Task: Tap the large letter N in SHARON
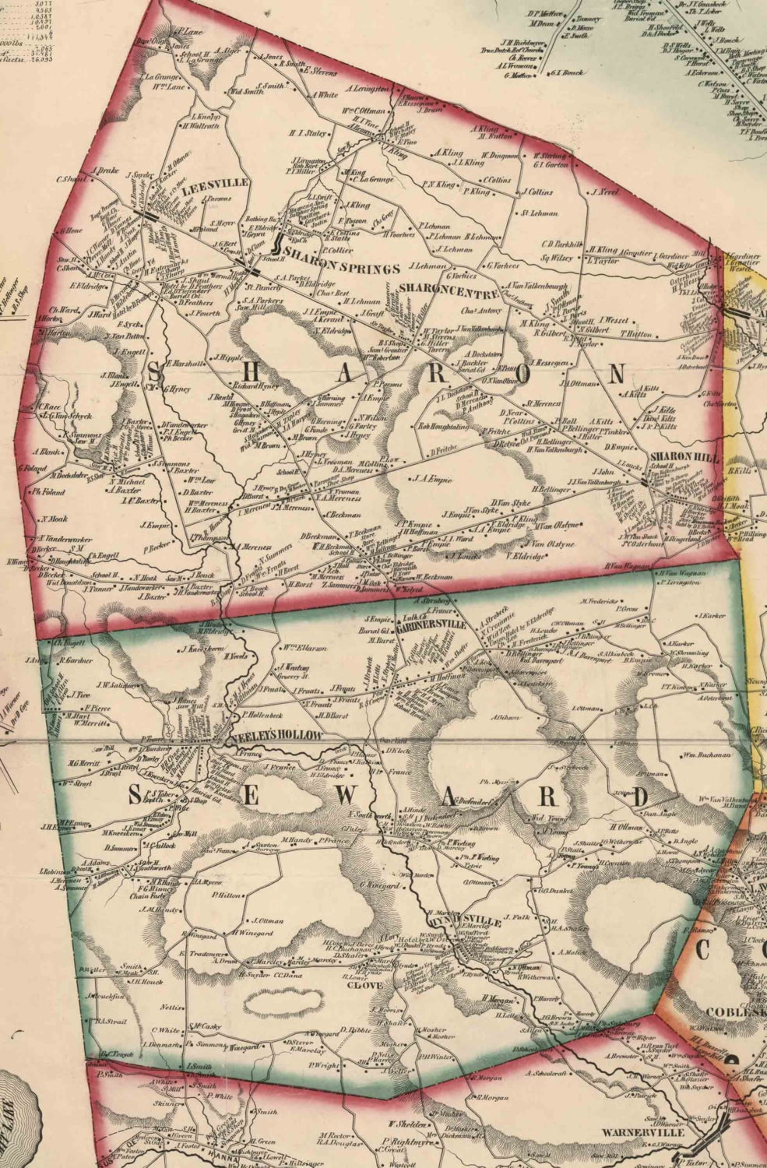(617, 374)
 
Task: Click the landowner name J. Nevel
(603, 191)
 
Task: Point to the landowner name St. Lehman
(536, 212)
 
